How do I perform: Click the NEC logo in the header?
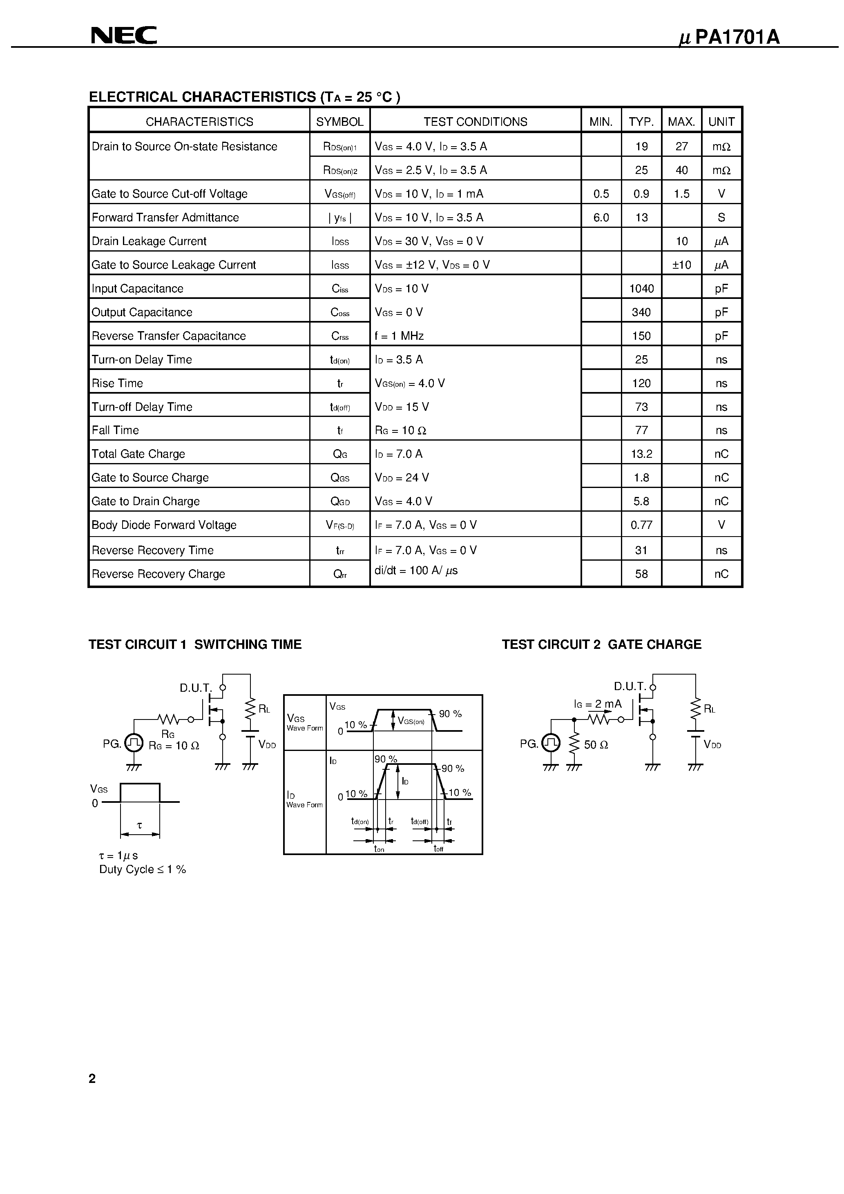tap(124, 36)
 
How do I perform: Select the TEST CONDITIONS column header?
tap(475, 122)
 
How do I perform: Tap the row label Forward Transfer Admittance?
tap(165, 217)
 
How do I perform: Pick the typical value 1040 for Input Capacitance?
tap(641, 289)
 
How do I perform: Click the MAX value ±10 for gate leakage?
tap(681, 265)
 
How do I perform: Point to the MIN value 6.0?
tap(601, 217)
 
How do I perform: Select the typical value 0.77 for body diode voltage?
tap(641, 525)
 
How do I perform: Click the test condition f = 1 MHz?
tap(399, 336)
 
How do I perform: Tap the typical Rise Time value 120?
tap(641, 383)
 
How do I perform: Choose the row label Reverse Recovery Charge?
tap(158, 574)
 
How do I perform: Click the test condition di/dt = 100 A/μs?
tap(416, 570)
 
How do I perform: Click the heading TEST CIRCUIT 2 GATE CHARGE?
tap(601, 644)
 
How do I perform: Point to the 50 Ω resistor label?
tap(596, 745)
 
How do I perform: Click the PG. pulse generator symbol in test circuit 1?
tap(134, 743)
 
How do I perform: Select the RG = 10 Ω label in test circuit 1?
tap(174, 746)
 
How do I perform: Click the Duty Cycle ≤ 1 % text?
tap(143, 869)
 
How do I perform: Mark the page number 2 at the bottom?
tap(92, 1078)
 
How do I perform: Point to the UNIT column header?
tap(721, 122)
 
